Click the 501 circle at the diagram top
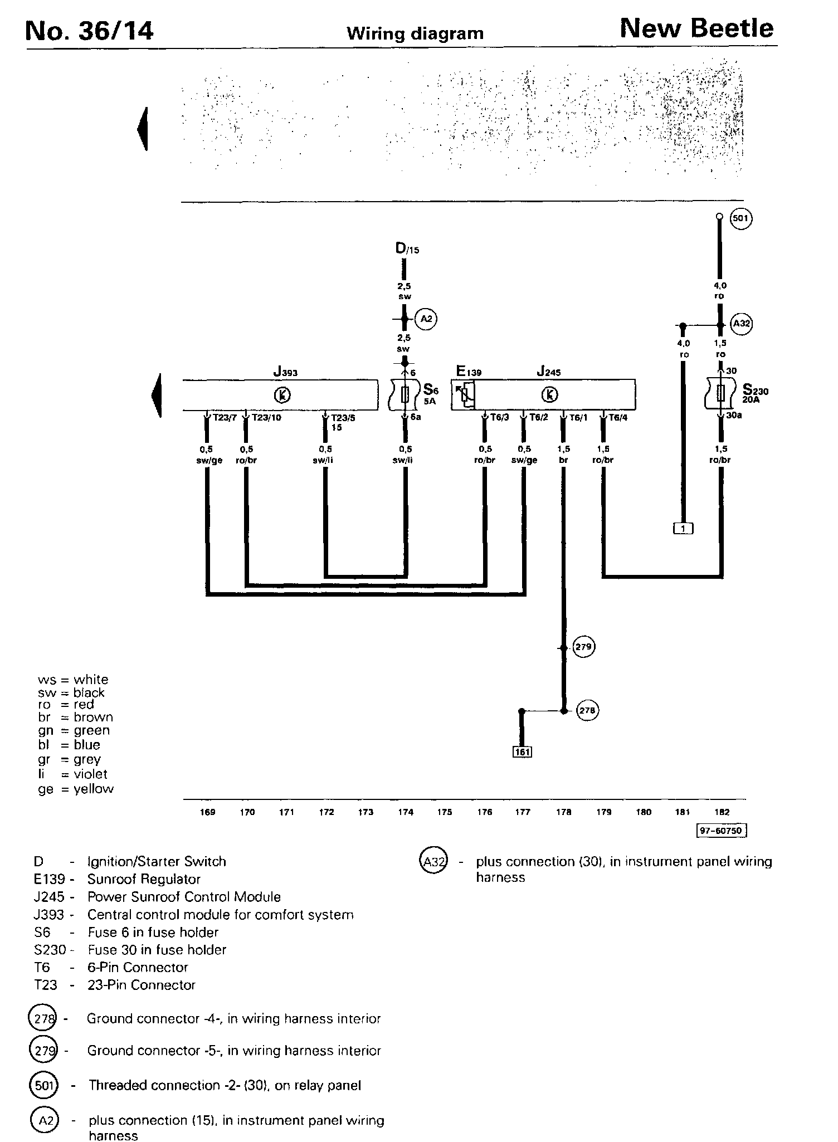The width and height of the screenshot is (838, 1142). (x=740, y=218)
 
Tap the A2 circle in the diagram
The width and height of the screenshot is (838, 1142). (x=427, y=319)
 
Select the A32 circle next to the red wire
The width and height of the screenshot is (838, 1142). (x=741, y=324)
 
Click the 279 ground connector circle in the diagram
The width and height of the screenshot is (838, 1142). (x=585, y=647)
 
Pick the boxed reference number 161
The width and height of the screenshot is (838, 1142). (x=522, y=752)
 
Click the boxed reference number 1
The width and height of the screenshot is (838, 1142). (x=683, y=528)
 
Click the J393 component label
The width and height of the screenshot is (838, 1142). (x=285, y=372)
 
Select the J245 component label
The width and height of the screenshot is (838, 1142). (x=548, y=372)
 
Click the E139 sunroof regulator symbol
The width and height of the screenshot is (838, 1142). (x=464, y=395)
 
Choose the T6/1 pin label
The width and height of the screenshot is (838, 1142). (x=577, y=418)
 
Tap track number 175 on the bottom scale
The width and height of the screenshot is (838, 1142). (x=445, y=812)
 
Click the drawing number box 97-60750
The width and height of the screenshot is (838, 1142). (x=722, y=831)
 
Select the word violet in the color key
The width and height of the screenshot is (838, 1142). (x=90, y=774)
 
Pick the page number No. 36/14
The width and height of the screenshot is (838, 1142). (x=89, y=31)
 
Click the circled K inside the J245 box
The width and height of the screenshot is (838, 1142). (x=550, y=395)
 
